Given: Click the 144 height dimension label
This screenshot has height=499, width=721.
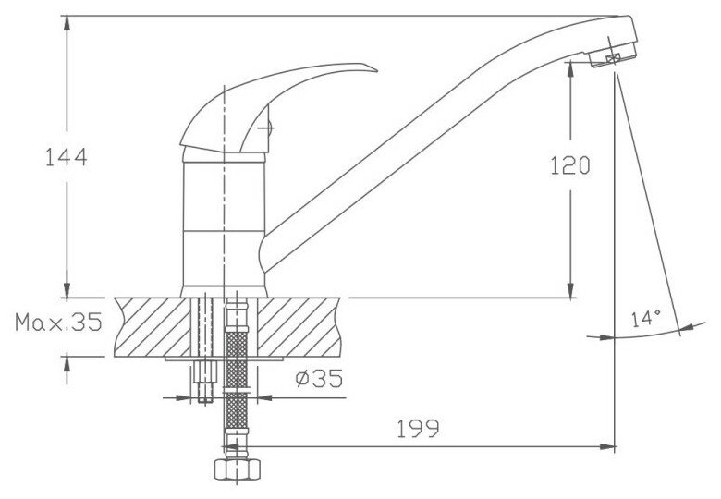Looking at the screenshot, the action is coord(67,157).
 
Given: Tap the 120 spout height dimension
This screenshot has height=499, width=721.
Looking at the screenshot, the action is coord(570,165).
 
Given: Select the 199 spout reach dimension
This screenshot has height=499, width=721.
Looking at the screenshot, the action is coord(418,429).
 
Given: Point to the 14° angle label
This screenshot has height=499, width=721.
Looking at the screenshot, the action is coord(645,319).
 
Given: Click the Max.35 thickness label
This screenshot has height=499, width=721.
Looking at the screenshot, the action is coord(58,323).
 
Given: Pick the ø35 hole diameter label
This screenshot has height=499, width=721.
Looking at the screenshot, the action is coord(319,378).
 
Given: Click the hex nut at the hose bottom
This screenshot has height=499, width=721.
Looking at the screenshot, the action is coord(238,469).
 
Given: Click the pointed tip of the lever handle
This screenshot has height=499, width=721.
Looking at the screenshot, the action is coord(376,71).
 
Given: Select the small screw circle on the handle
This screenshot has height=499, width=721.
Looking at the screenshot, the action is coord(267,128).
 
